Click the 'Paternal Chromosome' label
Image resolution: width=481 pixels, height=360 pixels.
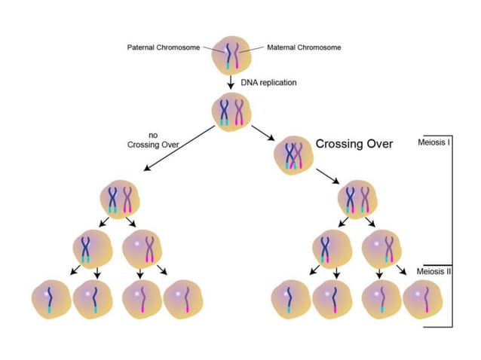[163, 47]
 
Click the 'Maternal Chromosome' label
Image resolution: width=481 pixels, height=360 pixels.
[304, 47]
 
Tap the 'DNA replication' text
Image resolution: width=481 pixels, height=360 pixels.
[268, 82]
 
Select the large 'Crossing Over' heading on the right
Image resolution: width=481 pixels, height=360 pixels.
[354, 144]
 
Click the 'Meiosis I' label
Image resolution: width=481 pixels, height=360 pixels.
[434, 141]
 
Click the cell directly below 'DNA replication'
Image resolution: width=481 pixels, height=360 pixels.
[231, 110]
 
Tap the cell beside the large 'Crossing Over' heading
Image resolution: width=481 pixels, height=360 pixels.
[293, 154]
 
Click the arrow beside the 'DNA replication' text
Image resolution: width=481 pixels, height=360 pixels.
[231, 82]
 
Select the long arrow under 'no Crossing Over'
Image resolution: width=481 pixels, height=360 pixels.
[178, 151]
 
